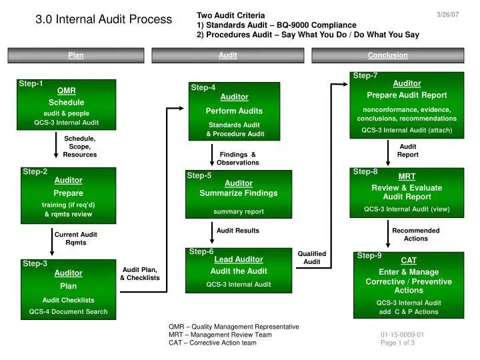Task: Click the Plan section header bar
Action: [x=76, y=55]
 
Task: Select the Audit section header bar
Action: [x=228, y=55]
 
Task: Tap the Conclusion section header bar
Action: [x=388, y=55]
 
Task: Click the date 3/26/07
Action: [x=447, y=15]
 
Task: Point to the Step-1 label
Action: [x=31, y=83]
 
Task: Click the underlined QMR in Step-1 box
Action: [x=67, y=91]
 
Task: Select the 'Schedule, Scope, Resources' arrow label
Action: [x=79, y=147]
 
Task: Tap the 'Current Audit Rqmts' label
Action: [x=75, y=239]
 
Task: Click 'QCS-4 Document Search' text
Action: [x=68, y=311]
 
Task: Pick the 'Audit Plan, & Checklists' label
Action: [x=140, y=274]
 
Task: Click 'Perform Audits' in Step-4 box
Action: [x=234, y=111]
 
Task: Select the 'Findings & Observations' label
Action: [x=238, y=159]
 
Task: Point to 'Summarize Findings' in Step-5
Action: [x=239, y=193]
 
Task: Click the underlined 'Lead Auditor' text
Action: [x=239, y=259]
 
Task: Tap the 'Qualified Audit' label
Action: [x=312, y=258]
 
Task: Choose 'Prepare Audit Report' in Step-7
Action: [x=407, y=95]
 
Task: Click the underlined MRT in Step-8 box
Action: [x=407, y=177]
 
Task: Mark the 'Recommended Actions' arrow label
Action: [x=416, y=235]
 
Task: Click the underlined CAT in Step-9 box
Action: [x=409, y=261]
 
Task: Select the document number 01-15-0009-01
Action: [x=402, y=335]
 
